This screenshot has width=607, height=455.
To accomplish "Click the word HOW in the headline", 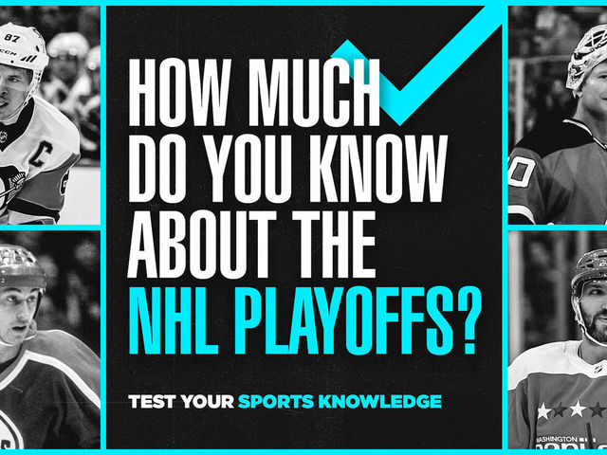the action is (x=180, y=93).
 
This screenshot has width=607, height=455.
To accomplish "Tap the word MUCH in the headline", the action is (x=314, y=93).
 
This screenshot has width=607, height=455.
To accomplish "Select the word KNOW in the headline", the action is (x=378, y=169).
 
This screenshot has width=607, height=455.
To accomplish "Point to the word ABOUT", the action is (x=202, y=245).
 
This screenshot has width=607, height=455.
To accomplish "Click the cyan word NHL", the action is (x=174, y=320).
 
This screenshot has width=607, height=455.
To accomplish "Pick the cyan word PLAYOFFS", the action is (x=344, y=320).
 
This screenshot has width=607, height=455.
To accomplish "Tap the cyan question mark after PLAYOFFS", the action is (x=469, y=320).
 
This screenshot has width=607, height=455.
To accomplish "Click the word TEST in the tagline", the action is (x=152, y=402).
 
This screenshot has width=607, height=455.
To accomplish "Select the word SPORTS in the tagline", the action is (x=276, y=402).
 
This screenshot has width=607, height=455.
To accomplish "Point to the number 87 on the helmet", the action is (x=12, y=37).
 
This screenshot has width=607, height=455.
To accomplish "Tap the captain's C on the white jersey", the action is (x=42, y=154).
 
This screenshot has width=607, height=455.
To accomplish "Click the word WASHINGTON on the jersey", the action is (x=557, y=440).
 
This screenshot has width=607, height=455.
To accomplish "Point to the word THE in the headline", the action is (x=334, y=245).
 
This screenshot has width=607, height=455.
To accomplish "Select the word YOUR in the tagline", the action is (x=207, y=402).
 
